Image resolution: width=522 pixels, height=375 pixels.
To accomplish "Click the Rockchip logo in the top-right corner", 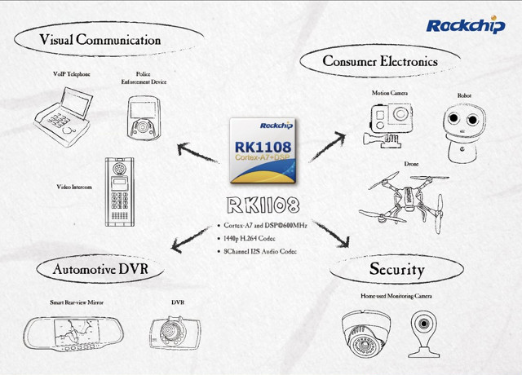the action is pyautogui.click(x=466, y=25).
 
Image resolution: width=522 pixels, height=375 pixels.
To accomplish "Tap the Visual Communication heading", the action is pyautogui.click(x=100, y=40).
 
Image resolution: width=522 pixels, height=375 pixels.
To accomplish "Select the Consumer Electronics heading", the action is pyautogui.click(x=380, y=61).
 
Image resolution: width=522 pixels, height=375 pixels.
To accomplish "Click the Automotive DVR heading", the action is pyautogui.click(x=100, y=269).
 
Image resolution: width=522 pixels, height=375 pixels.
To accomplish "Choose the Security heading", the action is pyautogui.click(x=397, y=269).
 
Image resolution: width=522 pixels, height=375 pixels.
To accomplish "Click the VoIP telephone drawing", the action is pyautogui.click(x=63, y=117).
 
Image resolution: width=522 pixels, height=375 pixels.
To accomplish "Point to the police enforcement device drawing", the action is pyautogui.click(x=144, y=117).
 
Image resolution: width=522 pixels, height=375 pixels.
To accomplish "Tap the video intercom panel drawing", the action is pyautogui.click(x=120, y=192).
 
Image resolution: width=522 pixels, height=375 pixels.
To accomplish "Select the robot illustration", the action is pyautogui.click(x=464, y=134).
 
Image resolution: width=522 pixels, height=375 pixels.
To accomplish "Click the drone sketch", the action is pyautogui.click(x=405, y=201).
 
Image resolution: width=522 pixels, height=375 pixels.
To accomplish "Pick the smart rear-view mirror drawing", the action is pyautogui.click(x=73, y=333).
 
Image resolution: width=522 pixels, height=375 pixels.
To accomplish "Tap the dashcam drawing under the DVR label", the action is pyautogui.click(x=175, y=333).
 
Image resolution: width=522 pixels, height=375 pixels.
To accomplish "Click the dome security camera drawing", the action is pyautogui.click(x=365, y=333).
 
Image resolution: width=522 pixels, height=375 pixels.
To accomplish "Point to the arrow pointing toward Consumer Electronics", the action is pyautogui.click(x=328, y=147).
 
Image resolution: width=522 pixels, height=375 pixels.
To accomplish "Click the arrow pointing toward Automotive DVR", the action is pyautogui.click(x=191, y=239).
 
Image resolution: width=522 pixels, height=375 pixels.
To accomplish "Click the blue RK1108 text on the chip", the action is pyautogui.click(x=263, y=147).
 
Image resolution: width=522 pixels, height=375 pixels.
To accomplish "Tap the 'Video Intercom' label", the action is pyautogui.click(x=74, y=187).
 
